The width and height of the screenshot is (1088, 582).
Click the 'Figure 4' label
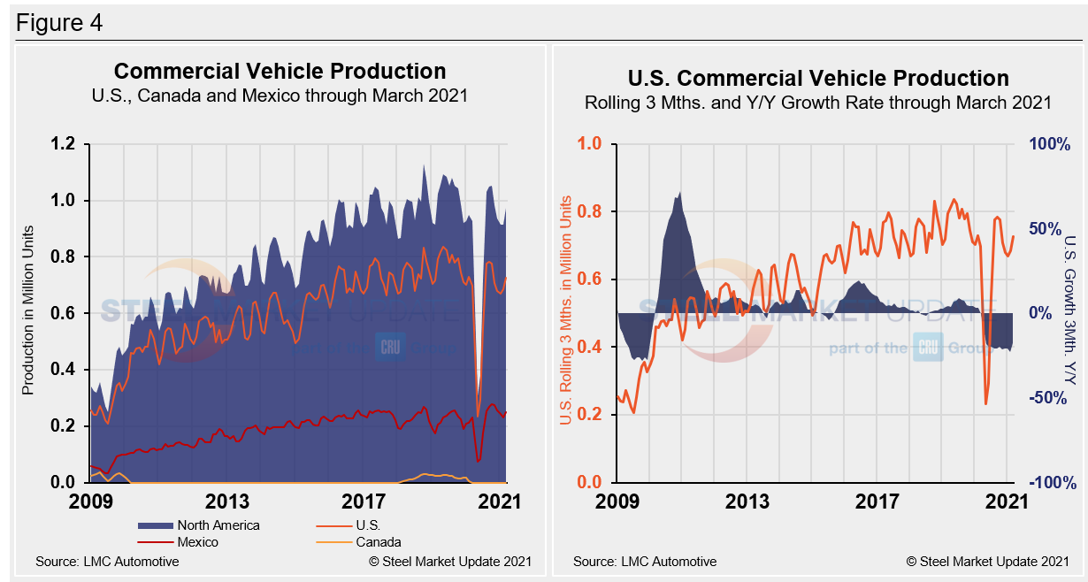pos(59,22)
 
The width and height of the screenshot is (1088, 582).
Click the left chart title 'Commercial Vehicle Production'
pos(280,72)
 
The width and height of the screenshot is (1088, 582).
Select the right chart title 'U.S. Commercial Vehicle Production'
pos(818,78)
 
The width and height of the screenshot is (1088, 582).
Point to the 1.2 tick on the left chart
pos(65,144)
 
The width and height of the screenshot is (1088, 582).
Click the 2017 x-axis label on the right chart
pos(878,502)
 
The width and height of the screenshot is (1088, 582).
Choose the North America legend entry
pos(218,525)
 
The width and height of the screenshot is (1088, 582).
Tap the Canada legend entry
pos(379,542)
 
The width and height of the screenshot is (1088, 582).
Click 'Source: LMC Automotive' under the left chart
pos(107,562)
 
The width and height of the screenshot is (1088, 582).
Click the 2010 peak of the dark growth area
pos(678,194)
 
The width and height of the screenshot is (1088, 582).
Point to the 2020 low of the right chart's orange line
pos(985,404)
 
